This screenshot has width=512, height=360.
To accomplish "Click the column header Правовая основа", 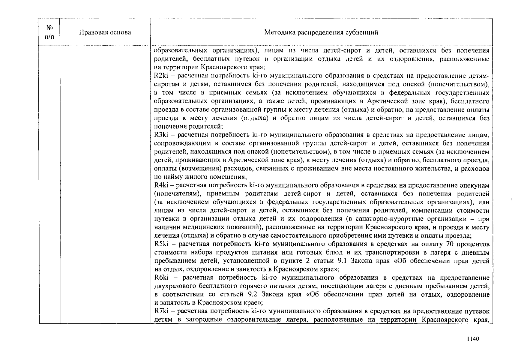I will tap(105, 32).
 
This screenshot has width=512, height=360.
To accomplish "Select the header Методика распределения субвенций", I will tap(321, 32).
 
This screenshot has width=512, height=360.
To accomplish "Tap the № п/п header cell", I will tap(49, 32).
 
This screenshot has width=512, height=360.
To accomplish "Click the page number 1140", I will tap(473, 339).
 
